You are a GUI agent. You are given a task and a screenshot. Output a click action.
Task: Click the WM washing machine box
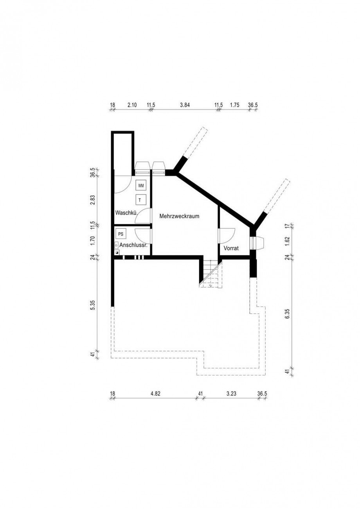click(141, 185)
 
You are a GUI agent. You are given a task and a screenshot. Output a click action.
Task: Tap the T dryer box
click(140, 200)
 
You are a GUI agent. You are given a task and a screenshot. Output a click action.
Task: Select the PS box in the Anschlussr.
click(121, 234)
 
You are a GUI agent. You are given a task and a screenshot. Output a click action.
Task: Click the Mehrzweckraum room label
click(179, 216)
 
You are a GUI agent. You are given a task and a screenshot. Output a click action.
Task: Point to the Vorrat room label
click(231, 248)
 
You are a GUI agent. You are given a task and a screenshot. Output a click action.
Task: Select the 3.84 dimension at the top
click(184, 105)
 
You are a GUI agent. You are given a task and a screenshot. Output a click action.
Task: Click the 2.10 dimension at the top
click(132, 105)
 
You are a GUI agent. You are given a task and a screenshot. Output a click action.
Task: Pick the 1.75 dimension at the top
click(234, 105)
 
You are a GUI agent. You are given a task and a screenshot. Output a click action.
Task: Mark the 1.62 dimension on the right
click(288, 240)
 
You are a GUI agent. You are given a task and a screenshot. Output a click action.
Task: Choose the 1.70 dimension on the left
click(93, 240)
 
